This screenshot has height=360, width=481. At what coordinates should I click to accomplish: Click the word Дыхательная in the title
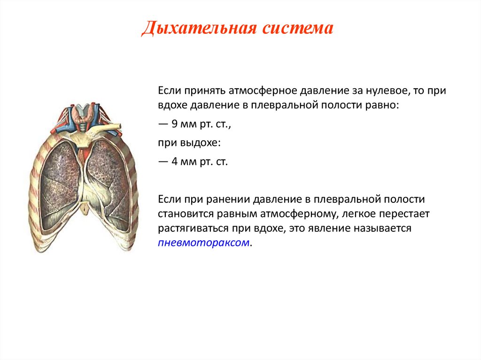(x=199, y=29)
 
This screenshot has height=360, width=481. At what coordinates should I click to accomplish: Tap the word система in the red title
(x=297, y=29)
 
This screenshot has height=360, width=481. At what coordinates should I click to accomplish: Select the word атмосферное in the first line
(x=263, y=91)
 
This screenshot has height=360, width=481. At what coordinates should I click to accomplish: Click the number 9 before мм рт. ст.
(x=175, y=124)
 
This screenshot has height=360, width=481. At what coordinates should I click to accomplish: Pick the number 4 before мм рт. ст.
(x=175, y=161)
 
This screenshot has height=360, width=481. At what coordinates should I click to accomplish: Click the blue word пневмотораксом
(x=204, y=243)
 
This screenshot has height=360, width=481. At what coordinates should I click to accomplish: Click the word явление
(x=328, y=229)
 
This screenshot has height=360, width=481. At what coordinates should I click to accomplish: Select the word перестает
(x=404, y=214)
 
